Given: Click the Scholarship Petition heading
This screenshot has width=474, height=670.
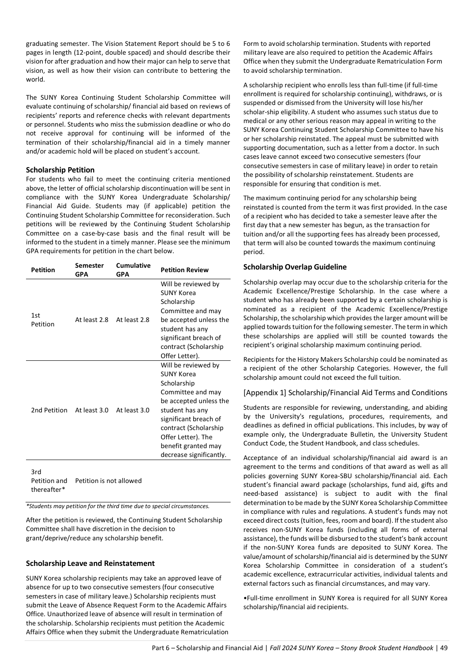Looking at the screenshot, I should click(60, 170).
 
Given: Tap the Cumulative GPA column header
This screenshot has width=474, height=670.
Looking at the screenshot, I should click(133, 269).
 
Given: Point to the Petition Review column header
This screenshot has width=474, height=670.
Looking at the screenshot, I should click(184, 270).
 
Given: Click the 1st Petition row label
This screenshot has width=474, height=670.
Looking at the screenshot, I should click(42, 320).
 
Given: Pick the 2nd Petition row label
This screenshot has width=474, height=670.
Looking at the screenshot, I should click(49, 410).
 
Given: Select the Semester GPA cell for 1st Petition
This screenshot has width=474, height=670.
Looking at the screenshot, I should click(91, 320).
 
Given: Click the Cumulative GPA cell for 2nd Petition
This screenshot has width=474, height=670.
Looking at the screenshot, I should click(133, 410).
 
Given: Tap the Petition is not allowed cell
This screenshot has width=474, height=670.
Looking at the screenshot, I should click(108, 481).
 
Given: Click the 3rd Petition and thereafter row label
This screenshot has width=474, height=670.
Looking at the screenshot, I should click(49, 481).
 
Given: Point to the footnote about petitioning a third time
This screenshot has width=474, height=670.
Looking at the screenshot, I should click(118, 506).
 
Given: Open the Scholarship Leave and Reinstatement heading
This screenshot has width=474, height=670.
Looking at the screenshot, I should click(90, 563).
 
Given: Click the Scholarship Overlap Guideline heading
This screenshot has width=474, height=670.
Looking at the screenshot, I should click(295, 267).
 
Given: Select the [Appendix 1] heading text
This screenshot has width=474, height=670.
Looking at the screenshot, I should click(345, 393).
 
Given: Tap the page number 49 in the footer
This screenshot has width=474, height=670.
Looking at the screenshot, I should click(444, 648).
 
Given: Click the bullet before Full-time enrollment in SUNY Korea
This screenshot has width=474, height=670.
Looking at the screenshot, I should click(245, 599).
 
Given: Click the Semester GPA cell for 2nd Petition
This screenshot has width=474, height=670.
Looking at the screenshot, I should click(91, 410).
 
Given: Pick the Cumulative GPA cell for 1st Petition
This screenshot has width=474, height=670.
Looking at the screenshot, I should click(133, 320).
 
